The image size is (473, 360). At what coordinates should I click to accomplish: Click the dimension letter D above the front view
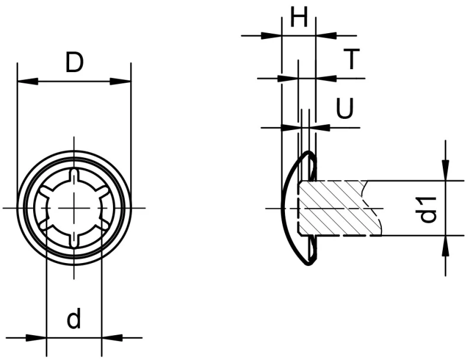[74, 62]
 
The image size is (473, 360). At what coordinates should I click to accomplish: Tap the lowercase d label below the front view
[74, 320]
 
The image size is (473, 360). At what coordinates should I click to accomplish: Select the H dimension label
[299, 18]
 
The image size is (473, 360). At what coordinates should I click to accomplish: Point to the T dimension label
[352, 59]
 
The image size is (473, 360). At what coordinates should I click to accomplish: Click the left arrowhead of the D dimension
[27, 82]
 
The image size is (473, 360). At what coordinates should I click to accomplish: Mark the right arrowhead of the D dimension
[121, 82]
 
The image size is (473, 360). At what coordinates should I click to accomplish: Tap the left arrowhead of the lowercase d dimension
[37, 338]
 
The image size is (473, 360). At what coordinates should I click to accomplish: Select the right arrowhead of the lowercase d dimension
[111, 338]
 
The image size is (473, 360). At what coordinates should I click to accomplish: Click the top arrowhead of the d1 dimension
[445, 171]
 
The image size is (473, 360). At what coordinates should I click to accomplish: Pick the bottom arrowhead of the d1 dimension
[445, 245]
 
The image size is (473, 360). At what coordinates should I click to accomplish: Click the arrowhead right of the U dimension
[322, 127]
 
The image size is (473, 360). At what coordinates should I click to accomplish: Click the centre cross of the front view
[74, 208]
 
